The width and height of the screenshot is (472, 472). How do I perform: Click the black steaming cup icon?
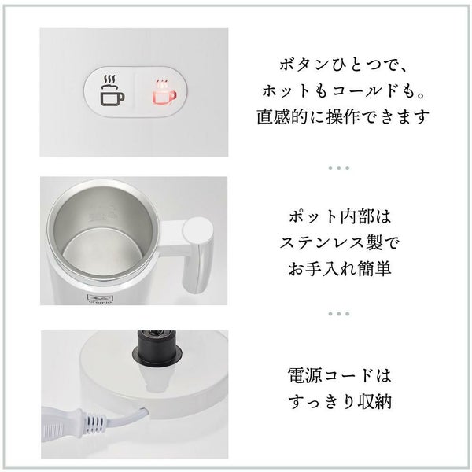pyautogui.click(x=112, y=90)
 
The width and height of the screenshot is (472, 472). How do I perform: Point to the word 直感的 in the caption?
pyautogui.click(x=282, y=116)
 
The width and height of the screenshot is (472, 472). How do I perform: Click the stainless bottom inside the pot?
pyautogui.click(x=102, y=253)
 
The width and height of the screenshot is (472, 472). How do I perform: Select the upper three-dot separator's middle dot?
pyautogui.click(x=339, y=168)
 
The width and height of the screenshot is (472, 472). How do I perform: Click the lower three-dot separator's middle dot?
pyautogui.click(x=339, y=314)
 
